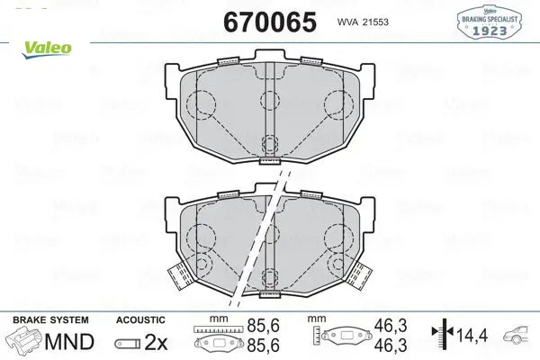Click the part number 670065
tap(270, 22)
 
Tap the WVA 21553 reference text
tap(363, 22)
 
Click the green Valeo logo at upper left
tap(47, 49)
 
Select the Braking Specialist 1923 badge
tap(489, 22)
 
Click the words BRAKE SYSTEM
tap(50, 320)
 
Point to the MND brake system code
tap(69, 342)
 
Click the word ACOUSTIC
tap(140, 320)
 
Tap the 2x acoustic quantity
tap(156, 342)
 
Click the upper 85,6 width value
tap(264, 326)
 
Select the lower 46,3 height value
tap(391, 345)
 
